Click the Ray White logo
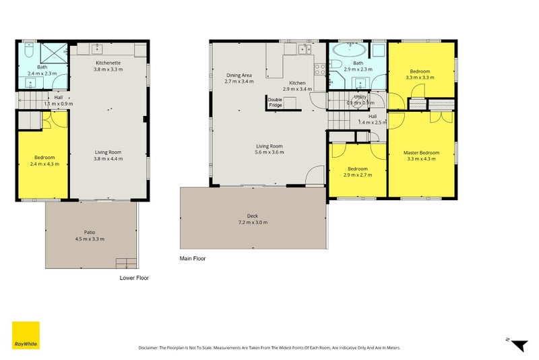[x=25, y=335]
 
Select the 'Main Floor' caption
[x=192, y=258]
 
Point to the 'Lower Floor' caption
[x=134, y=278]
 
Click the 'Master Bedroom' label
[x=421, y=153]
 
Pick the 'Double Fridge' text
[x=274, y=102]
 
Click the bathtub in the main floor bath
[x=348, y=51]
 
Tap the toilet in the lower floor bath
[x=28, y=51]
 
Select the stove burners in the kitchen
[x=319, y=65]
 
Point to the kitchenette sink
[x=98, y=49]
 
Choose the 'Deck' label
[x=253, y=216]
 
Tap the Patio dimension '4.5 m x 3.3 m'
[x=89, y=239]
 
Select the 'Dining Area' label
[x=239, y=75]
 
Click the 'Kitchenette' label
[x=108, y=62]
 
